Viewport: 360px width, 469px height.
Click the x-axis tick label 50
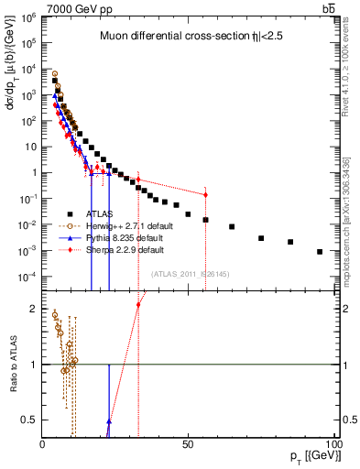tap(188, 442)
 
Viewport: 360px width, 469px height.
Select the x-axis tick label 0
tap(43, 442)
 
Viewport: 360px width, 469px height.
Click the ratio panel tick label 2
tap(33, 309)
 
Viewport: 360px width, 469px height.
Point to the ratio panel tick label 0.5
tap(29, 420)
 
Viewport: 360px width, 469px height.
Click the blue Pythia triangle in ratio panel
tap(109, 421)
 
